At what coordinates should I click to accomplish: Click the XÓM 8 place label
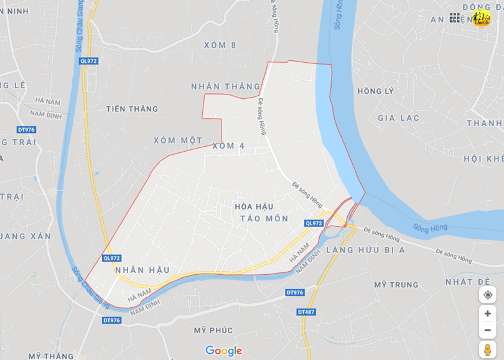(x=220, y=45)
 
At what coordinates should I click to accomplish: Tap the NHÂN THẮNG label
(x=225, y=86)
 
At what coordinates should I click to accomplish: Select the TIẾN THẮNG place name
(x=132, y=109)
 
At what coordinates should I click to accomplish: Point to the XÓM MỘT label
(x=178, y=141)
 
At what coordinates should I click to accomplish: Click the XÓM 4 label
(x=228, y=145)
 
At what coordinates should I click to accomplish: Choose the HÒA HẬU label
(x=255, y=206)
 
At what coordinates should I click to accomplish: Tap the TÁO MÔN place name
(x=264, y=218)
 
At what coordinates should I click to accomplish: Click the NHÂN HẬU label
(x=142, y=270)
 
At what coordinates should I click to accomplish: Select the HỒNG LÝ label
(x=376, y=91)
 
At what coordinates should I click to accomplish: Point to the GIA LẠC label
(x=398, y=118)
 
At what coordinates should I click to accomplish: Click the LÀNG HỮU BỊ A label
(x=365, y=250)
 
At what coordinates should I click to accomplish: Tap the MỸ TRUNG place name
(x=396, y=285)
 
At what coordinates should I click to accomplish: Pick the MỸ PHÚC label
(x=213, y=330)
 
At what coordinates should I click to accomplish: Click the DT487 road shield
(x=306, y=312)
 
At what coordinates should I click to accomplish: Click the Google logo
(x=223, y=351)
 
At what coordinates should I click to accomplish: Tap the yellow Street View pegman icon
(x=487, y=349)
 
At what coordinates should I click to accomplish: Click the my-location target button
(x=487, y=295)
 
